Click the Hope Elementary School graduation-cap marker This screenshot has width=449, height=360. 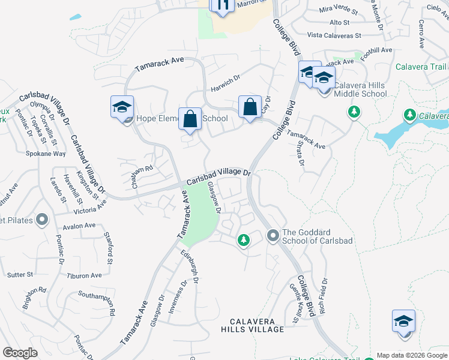click(122, 107)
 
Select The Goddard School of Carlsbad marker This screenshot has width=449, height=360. click(273, 235)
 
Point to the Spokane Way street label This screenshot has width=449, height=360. click(46, 154)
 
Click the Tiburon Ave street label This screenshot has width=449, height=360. click(85, 276)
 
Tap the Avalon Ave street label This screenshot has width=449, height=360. click(79, 226)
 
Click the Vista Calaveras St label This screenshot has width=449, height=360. click(334, 35)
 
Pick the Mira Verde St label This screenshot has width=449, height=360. click(338, 10)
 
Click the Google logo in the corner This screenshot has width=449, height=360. click(20, 353)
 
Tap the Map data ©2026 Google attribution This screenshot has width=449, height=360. click(411, 355)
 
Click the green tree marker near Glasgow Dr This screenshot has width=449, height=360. click(243, 240)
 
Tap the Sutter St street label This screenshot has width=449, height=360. click(20, 275)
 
